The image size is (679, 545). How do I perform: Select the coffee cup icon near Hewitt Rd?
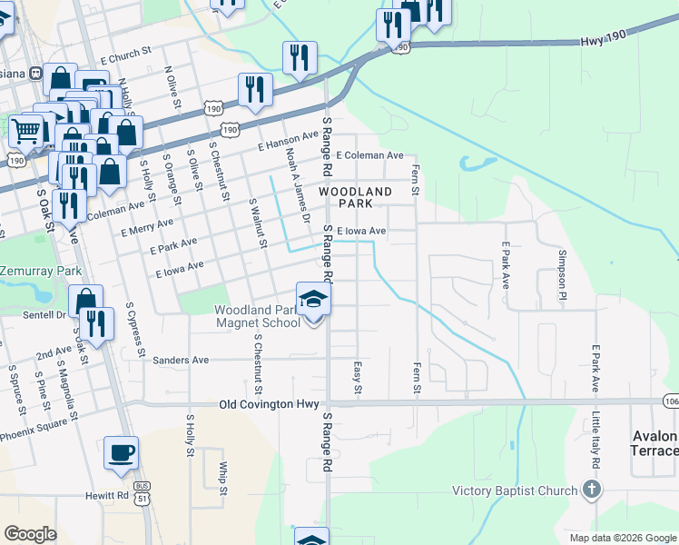click(x=121, y=451)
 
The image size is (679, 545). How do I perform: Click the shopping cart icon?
click(x=26, y=131)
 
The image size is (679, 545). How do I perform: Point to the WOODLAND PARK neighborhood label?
click(x=356, y=199)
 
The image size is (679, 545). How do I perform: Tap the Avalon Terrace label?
click(x=654, y=444)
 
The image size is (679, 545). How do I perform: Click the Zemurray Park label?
click(x=40, y=272)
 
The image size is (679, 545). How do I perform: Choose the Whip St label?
click(x=222, y=479)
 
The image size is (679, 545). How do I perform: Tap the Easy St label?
click(x=357, y=378)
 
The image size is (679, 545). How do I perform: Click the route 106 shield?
click(x=671, y=401)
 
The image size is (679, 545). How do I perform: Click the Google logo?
click(x=30, y=534)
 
